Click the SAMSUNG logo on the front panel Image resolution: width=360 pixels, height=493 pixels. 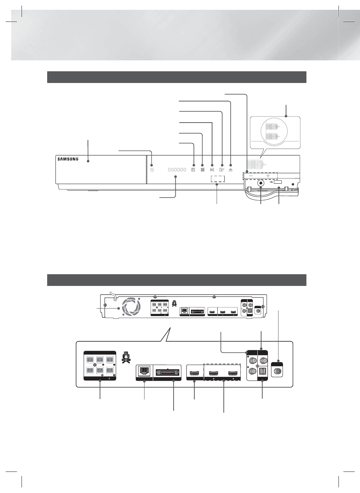[68, 159]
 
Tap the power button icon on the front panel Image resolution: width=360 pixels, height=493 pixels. [152, 170]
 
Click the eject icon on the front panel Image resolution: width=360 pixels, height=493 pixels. [231, 170]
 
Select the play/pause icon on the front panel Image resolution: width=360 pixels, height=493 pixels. [212, 170]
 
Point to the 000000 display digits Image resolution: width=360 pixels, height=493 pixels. [177, 170]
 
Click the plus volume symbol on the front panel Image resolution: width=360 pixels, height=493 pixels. [268, 176]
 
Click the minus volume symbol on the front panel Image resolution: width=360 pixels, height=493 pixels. [251, 176]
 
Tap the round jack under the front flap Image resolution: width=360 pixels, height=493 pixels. [261, 183]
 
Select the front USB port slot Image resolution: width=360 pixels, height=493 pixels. [278, 182]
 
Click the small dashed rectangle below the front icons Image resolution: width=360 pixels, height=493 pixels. [218, 179]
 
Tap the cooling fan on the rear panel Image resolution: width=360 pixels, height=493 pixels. [132, 306]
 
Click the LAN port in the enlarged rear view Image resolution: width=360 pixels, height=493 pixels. [143, 371]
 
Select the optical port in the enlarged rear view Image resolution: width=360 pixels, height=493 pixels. [263, 372]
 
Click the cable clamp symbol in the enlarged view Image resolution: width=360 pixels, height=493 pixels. [126, 358]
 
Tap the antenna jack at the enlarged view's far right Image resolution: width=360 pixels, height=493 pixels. [277, 372]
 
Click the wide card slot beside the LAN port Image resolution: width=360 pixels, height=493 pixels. [167, 373]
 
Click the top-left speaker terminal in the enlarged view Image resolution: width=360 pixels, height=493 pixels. [90, 360]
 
